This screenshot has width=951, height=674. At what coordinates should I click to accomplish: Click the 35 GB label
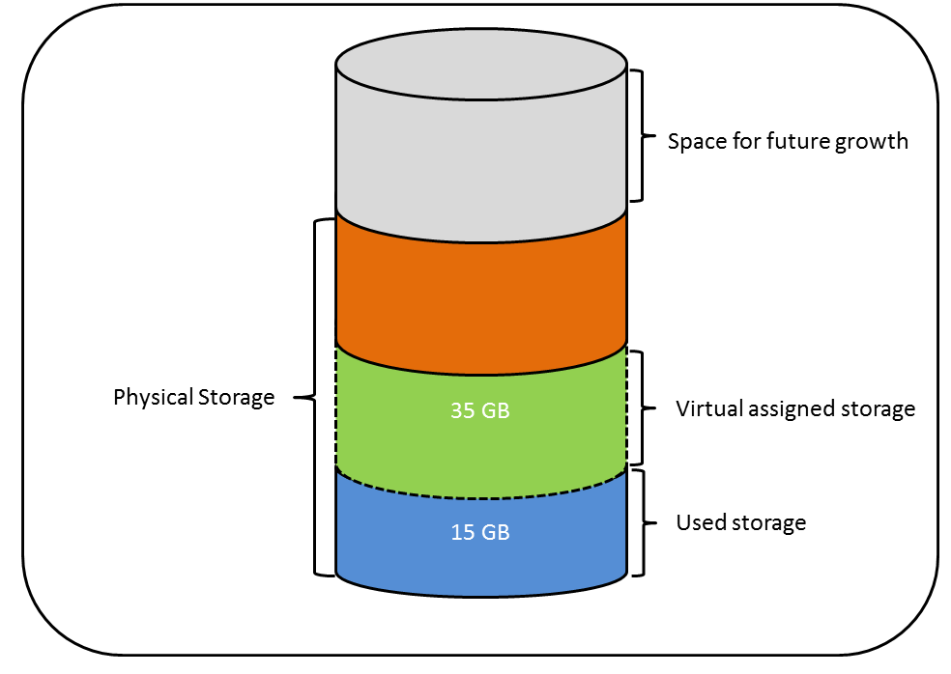(x=479, y=409)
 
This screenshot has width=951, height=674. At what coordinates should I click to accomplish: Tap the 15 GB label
(x=479, y=532)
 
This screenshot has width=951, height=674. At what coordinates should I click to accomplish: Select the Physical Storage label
(x=194, y=397)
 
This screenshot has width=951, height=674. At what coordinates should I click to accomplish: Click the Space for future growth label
(x=788, y=142)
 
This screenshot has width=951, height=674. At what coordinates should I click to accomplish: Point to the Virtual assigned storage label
(x=795, y=409)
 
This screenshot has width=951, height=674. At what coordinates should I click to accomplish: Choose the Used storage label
(x=740, y=523)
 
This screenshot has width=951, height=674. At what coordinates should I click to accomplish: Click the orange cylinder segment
(x=479, y=290)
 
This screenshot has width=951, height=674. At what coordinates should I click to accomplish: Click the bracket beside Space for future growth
(x=639, y=135)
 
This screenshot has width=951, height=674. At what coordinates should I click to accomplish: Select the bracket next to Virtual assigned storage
(x=639, y=407)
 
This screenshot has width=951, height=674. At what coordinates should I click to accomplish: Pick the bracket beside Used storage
(x=639, y=523)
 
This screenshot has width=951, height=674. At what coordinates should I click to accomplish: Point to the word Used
(x=698, y=523)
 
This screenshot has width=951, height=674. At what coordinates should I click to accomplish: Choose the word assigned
(x=790, y=409)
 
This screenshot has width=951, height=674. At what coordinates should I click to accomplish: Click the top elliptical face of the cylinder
(x=479, y=66)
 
